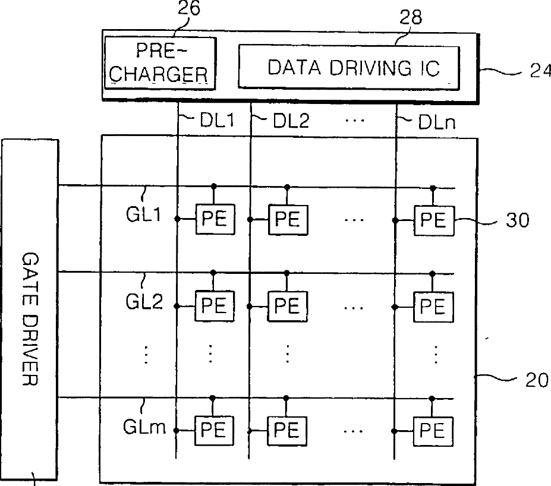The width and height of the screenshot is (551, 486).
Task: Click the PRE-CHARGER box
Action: pos(160,63)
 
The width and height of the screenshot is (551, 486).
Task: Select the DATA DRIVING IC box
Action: pos(349,67)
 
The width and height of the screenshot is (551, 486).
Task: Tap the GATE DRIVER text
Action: pos(30,319)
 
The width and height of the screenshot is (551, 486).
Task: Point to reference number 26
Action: pos(189,8)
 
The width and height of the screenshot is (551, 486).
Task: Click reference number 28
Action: pos(411,17)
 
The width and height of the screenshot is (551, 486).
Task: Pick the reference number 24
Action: pos(540,71)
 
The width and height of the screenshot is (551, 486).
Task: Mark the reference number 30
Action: pos(517,220)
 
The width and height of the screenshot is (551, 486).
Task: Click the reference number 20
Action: pos(537,380)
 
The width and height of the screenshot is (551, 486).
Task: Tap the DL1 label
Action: pos(217,121)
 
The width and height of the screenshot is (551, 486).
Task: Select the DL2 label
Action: pos(291,121)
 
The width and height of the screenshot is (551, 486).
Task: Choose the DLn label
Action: pos(437,122)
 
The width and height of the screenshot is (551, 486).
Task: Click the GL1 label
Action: pos(143,214)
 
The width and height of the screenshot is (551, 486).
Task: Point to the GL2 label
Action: pos(144,301)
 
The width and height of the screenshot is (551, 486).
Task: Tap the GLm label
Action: pos(144,427)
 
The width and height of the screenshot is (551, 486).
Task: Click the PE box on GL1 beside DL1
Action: pos(215,219)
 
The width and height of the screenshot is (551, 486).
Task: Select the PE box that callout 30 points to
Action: pos(434,221)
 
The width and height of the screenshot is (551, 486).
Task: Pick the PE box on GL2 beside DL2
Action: pos(288,306)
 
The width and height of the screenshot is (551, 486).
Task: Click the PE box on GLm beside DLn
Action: pos(433,431)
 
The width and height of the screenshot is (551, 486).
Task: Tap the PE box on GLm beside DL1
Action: pos(214,431)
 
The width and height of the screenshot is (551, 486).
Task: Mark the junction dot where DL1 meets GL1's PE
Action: pos(178,219)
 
